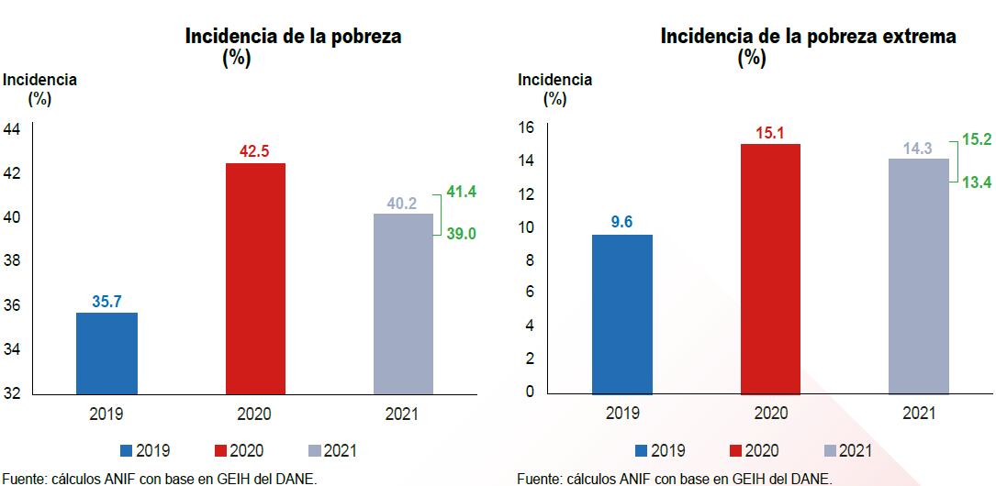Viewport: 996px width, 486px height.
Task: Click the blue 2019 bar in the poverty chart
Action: click(x=106, y=353)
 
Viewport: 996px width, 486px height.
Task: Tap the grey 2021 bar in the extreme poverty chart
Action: click(x=918, y=275)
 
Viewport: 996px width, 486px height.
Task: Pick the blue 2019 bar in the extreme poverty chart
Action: click(x=622, y=314)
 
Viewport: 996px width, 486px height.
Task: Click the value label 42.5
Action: click(x=254, y=151)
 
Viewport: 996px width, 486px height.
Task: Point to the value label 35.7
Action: click(x=106, y=301)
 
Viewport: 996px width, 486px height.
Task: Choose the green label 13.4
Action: click(x=975, y=182)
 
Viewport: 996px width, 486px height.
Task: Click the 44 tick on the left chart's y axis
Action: click(x=12, y=129)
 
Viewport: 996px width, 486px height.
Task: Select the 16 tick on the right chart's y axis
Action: click(x=526, y=127)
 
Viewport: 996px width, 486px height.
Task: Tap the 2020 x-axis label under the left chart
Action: click(x=254, y=414)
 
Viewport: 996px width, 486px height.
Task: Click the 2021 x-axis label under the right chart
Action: click(x=918, y=414)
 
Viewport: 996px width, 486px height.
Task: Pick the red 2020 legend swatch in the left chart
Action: click(x=220, y=451)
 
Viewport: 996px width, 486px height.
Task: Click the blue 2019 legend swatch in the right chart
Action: click(x=642, y=451)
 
